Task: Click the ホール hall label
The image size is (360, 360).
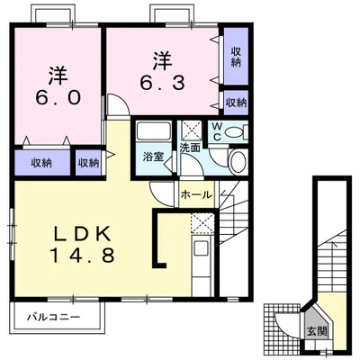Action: coord(196,195)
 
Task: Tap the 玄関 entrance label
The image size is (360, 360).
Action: coord(316,331)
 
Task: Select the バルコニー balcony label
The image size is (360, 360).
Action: coord(54,317)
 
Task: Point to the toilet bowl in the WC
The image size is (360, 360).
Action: coord(234,132)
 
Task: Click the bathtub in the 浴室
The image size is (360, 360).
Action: coord(153,130)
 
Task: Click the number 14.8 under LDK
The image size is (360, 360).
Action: coord(82,256)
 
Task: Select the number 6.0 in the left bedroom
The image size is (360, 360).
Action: coord(58,97)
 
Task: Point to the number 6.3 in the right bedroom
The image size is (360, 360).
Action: coord(162,83)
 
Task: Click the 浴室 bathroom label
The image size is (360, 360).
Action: coord(153,157)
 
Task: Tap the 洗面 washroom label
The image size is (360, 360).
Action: coord(190,148)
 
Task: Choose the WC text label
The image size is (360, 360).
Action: coord(217,132)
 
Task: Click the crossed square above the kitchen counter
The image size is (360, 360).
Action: coord(202,224)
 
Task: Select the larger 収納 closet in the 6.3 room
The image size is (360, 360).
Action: coord(236,56)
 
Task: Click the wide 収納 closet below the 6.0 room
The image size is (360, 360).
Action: coord(42,163)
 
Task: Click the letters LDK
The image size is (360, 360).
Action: coord(82,233)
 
